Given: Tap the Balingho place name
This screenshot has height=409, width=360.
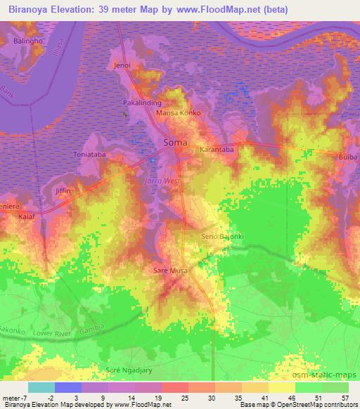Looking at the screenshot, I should click(29, 41).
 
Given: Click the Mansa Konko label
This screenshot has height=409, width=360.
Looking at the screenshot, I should click(179, 113).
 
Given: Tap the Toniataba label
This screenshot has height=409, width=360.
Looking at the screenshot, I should click(89, 153).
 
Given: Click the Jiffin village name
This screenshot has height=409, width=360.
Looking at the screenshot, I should click(64, 191).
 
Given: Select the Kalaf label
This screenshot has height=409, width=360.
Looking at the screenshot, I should click(27, 217).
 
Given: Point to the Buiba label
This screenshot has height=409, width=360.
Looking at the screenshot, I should click(348, 156).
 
